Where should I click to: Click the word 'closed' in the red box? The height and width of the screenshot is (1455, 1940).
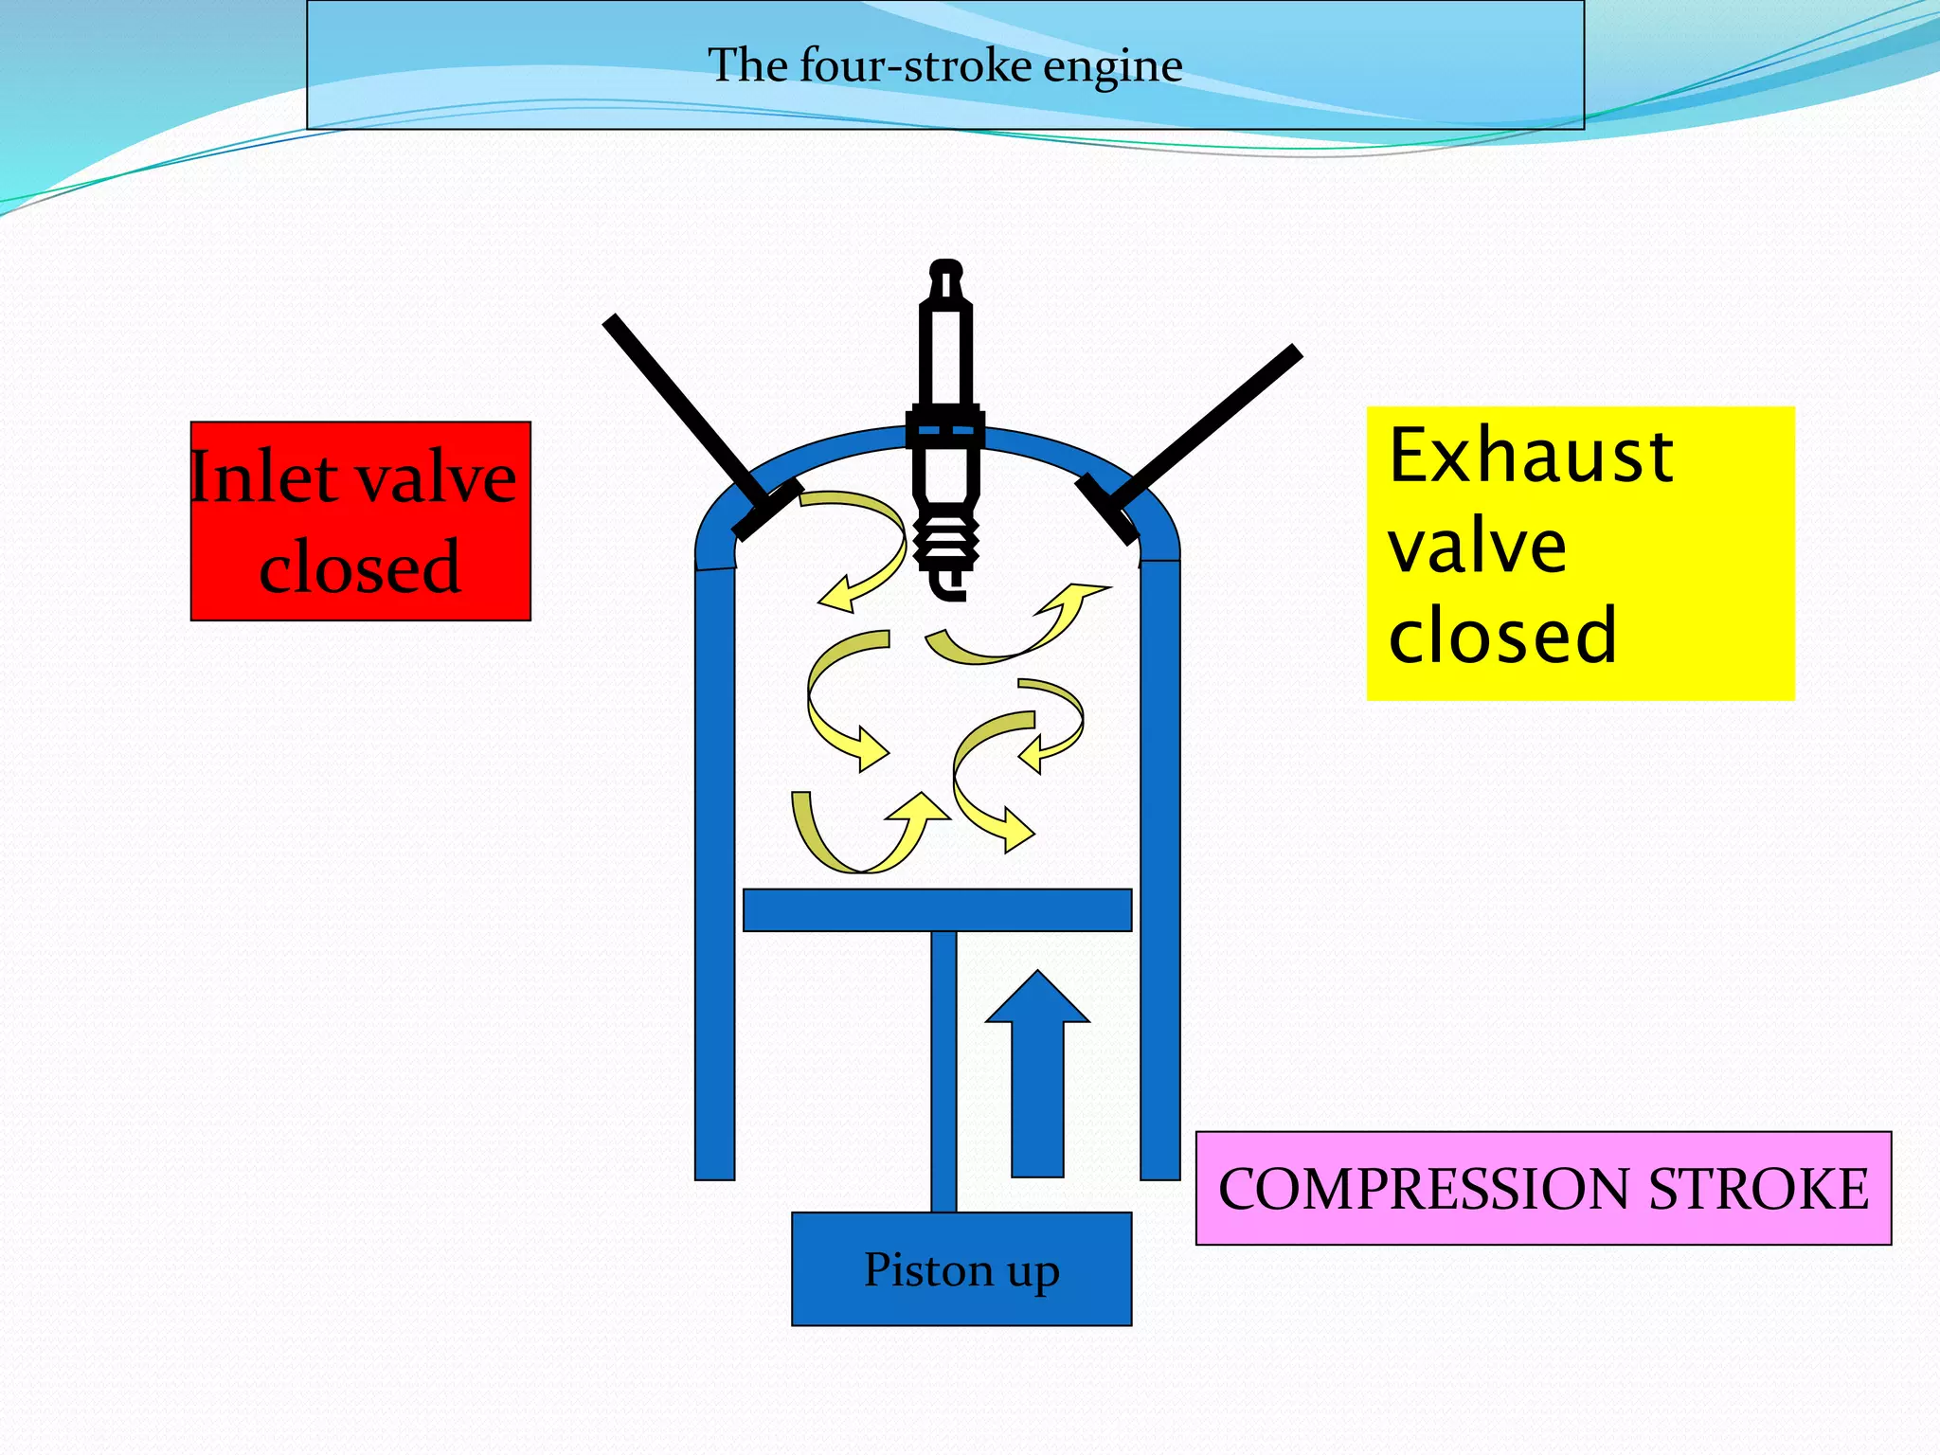360,567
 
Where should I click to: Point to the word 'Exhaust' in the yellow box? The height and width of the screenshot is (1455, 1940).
1531,457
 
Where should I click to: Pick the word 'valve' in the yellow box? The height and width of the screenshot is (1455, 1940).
1477,547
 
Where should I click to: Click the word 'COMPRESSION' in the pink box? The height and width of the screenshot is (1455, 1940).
1426,1189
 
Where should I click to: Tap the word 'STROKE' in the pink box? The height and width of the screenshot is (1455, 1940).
1758,1189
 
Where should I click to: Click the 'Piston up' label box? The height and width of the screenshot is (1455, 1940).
961,1268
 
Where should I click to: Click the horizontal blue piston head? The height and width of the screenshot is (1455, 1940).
937,910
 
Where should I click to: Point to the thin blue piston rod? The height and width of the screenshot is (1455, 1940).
943,1070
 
